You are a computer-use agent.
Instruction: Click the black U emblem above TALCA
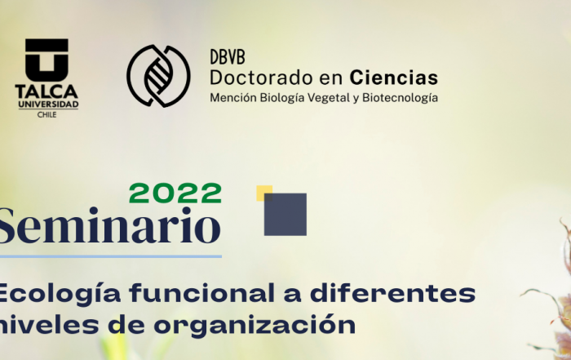(x=46, y=60)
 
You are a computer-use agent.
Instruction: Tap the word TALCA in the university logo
(x=46, y=91)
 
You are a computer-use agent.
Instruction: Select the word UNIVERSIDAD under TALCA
(x=48, y=104)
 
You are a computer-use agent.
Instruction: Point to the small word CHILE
(x=47, y=115)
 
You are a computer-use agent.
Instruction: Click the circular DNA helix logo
(x=158, y=76)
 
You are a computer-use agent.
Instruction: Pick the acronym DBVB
(x=228, y=57)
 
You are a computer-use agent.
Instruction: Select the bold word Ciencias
(x=394, y=78)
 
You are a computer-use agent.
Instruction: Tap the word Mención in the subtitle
(x=233, y=98)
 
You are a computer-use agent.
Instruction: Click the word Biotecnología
(x=400, y=98)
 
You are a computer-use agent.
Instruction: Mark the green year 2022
(x=175, y=193)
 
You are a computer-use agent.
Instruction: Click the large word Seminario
(x=109, y=225)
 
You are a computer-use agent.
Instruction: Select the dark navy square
(x=285, y=215)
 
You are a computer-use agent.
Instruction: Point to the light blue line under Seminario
(x=111, y=256)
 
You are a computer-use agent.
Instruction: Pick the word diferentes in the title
(x=392, y=293)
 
